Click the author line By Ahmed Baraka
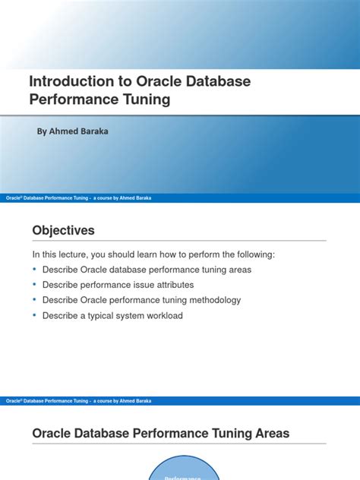[x=72, y=131]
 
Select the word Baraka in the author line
[x=92, y=131]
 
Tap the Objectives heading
[x=63, y=230]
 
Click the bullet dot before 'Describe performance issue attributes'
[x=35, y=285]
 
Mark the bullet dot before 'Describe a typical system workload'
[x=35, y=315]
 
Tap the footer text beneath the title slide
[x=78, y=197]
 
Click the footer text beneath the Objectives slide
[x=78, y=400]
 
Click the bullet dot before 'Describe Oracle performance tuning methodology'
[x=35, y=300]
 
